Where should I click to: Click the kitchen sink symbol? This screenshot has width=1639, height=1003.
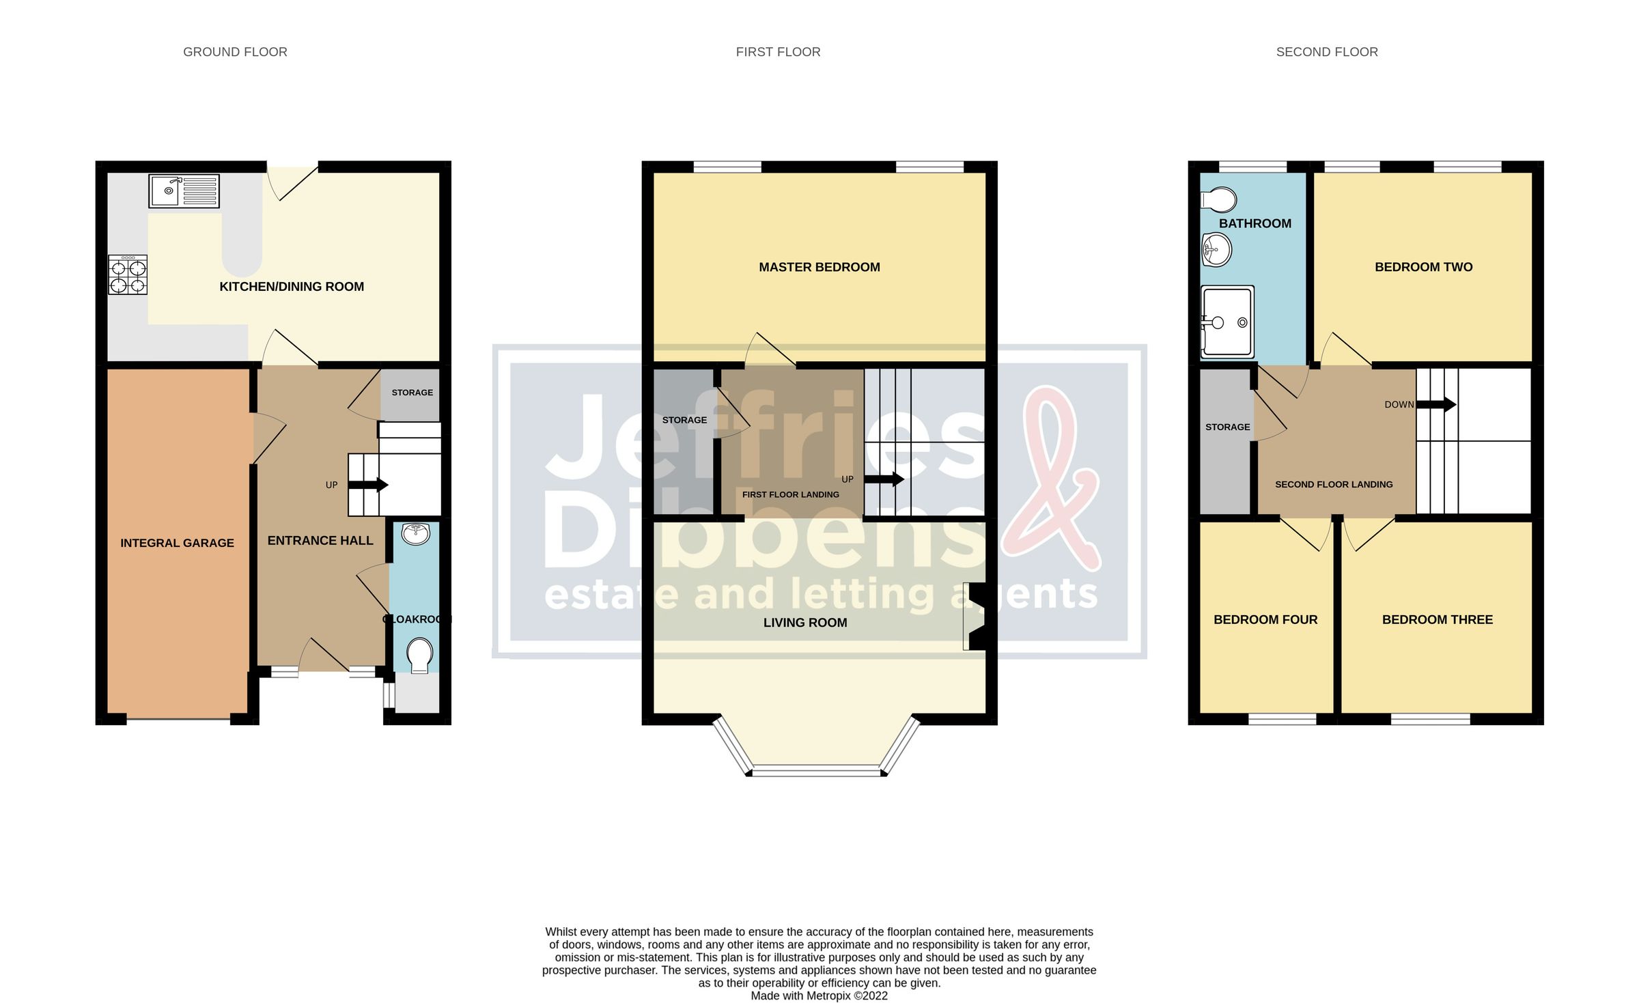pos(184,191)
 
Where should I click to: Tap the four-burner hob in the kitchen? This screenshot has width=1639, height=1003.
pos(128,275)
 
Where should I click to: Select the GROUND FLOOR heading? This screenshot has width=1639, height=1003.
pos(235,52)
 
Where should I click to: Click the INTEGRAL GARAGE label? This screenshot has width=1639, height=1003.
pos(177,543)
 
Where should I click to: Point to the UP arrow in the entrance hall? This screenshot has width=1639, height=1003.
pos(368,485)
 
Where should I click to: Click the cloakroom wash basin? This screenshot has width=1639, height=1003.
pos(415,533)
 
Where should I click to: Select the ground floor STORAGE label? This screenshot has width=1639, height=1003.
pos(412,393)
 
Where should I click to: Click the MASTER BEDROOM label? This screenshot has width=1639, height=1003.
pos(819,267)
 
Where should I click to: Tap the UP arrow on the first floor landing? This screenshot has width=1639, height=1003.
pos(884,479)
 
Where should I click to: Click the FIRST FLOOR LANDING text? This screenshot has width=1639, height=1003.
pos(790,494)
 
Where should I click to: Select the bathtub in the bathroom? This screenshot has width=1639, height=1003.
pos(1227,322)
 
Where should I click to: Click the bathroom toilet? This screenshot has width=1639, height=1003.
pos(1219,201)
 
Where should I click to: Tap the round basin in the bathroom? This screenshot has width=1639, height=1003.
pos(1216,250)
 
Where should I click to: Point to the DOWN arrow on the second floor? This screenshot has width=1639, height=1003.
pos(1436,404)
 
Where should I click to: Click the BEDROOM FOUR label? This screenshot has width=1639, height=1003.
pos(1265,620)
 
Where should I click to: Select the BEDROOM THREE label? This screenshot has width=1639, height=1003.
pos(1437,620)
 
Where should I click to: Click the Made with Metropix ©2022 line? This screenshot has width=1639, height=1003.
pos(819,995)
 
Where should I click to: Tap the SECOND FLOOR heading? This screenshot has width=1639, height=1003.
pos(1326,52)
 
